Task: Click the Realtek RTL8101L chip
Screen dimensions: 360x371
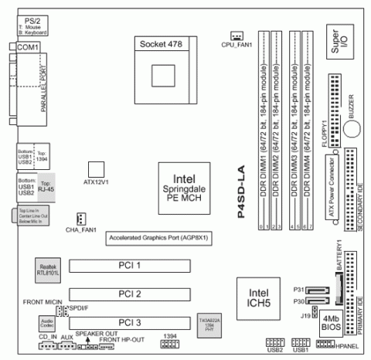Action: click(49, 267)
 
